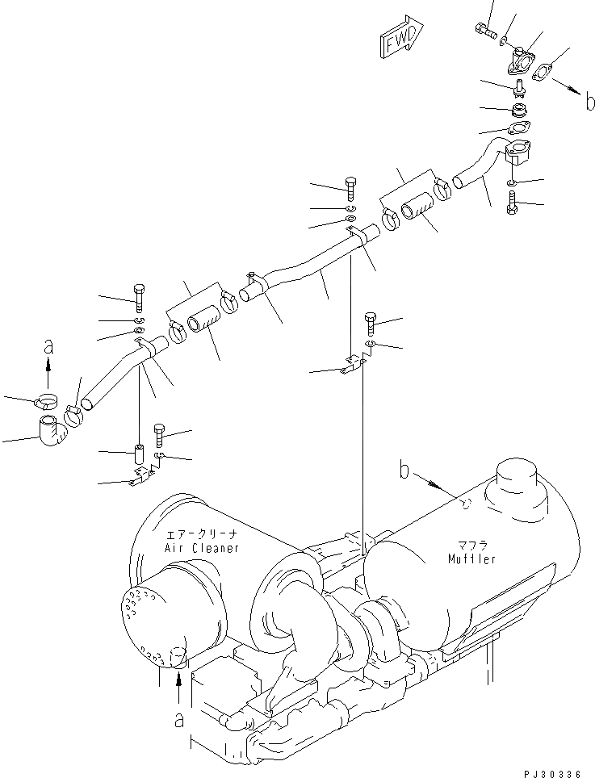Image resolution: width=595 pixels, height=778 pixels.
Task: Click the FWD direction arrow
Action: click(398, 40)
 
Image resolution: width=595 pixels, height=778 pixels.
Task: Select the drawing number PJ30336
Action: click(546, 773)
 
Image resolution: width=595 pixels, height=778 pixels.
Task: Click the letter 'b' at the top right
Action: click(590, 102)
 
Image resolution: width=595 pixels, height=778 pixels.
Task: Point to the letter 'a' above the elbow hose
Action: click(48, 347)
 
